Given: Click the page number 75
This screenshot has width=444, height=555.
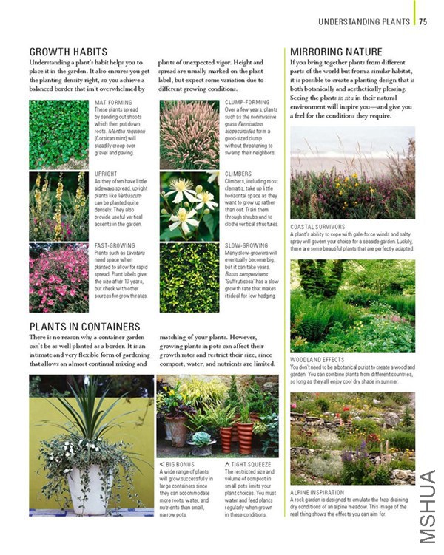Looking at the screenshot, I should click(423, 22).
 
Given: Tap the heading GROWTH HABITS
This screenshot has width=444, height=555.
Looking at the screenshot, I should click(68, 52).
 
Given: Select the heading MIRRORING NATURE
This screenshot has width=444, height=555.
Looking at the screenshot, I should click(336, 52).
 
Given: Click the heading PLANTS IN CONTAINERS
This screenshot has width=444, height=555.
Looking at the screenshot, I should click(84, 326).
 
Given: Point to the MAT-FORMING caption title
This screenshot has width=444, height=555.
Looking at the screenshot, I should click(113, 102).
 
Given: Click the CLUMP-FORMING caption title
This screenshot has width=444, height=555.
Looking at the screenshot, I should click(247, 102).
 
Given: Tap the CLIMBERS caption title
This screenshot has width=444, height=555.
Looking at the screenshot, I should click(238, 174).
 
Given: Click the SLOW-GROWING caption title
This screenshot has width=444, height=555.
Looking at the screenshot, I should click(246, 245).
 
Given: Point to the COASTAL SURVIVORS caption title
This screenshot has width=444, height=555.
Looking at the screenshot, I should click(317, 227).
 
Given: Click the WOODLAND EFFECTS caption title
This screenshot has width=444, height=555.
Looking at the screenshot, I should click(317, 360).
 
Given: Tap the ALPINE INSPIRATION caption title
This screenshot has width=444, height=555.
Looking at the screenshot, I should click(317, 492).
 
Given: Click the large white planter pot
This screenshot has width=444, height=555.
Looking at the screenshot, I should click(86, 488).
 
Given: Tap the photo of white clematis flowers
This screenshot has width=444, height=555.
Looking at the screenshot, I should click(189, 206).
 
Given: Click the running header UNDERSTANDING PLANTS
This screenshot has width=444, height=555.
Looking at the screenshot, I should click(364, 22).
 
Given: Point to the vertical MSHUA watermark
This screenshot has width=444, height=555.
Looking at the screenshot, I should click(427, 505).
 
